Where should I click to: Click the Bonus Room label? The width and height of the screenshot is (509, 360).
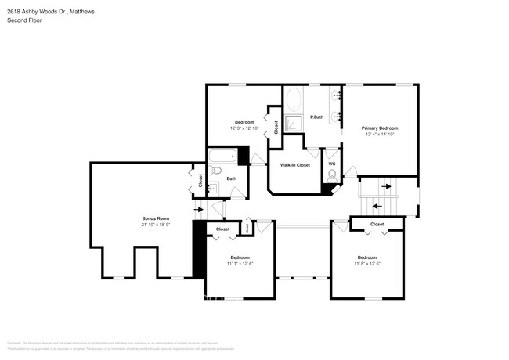[155, 218]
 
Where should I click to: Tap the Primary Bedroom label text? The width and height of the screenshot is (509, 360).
[379, 128]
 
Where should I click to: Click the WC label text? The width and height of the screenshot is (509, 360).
[331, 164]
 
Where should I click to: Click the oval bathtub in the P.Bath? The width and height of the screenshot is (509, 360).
[294, 100]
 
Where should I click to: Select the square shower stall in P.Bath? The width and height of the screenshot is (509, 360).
[294, 124]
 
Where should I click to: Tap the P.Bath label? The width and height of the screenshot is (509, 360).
[317, 117]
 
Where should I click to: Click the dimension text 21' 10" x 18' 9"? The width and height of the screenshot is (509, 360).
[155, 225]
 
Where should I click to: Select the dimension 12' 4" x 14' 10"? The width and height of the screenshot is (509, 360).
[379, 134]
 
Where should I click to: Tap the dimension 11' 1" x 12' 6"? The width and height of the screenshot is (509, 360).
[240, 263]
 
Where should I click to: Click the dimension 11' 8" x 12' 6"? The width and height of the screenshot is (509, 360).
[366, 263]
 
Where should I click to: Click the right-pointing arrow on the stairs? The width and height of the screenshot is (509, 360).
[384, 187]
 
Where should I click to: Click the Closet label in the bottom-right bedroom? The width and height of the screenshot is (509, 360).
[377, 225]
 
